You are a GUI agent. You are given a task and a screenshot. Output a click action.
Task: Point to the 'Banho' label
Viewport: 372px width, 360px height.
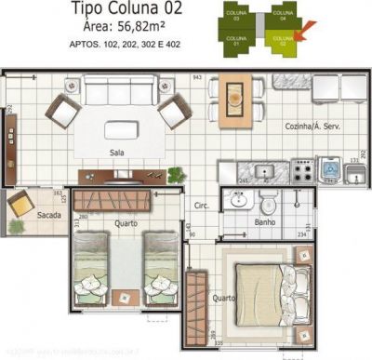click(264, 222)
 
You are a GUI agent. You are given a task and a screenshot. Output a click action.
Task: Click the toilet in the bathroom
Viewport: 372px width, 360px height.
click(268, 201)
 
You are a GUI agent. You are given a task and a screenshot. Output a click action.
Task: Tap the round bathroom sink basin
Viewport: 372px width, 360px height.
click(240, 200)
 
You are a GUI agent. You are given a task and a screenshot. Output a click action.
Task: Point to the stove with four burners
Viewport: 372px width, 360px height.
click(303, 168)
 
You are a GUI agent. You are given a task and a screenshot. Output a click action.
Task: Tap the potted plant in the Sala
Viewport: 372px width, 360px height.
click(174, 174)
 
